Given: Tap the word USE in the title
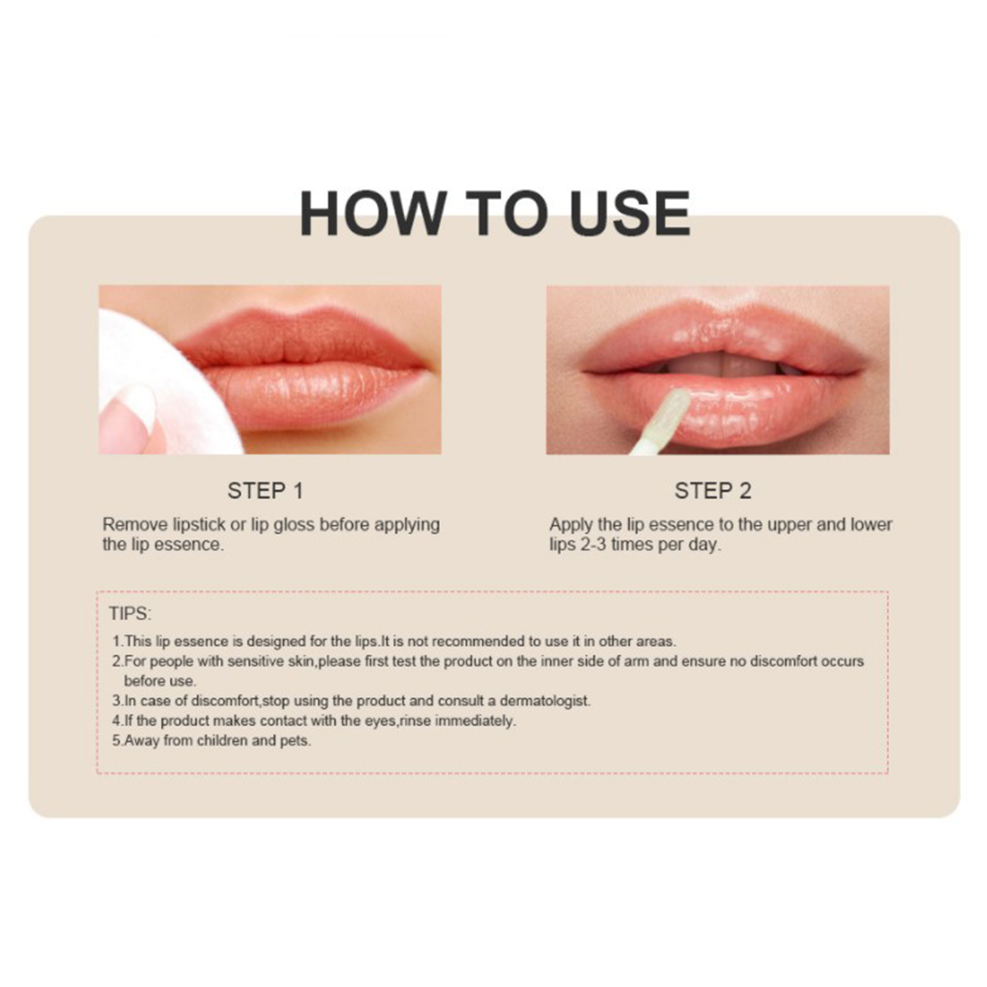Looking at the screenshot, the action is click(x=630, y=213).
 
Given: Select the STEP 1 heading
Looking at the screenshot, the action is click(x=265, y=491).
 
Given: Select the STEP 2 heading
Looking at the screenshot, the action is click(x=712, y=491).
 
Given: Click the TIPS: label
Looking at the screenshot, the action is click(x=130, y=614).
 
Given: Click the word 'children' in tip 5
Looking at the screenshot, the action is click(x=222, y=740).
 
